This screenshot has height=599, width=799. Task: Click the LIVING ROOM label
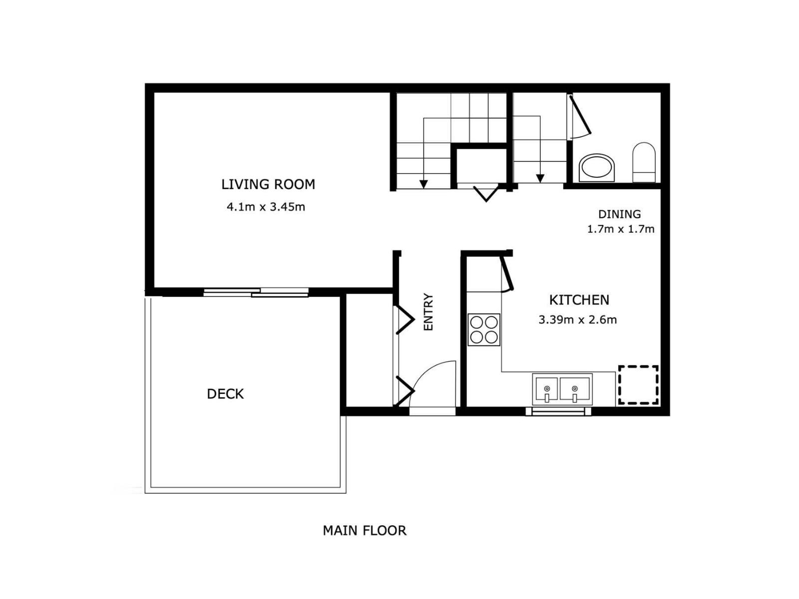[268, 184]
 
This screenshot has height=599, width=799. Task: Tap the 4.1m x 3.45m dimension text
[266, 207]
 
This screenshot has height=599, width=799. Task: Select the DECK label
[225, 394]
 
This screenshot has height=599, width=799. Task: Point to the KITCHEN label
[579, 300]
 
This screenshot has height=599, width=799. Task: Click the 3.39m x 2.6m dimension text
[577, 320]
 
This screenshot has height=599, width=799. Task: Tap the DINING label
[619, 214]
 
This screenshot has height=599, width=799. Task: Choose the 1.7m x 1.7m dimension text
[620, 229]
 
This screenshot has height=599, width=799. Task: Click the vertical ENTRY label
[428, 312]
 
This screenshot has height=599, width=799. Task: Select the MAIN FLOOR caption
[365, 530]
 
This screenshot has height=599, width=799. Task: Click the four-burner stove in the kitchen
[483, 330]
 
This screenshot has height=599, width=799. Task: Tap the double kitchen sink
[562, 389]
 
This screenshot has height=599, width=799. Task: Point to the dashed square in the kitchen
[638, 385]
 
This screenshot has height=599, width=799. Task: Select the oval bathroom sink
[597, 167]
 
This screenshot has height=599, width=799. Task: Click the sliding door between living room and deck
[256, 293]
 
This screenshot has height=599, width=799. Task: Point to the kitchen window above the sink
[558, 411]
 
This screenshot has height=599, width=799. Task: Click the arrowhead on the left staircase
[423, 184]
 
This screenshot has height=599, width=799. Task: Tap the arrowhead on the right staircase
[540, 178]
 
